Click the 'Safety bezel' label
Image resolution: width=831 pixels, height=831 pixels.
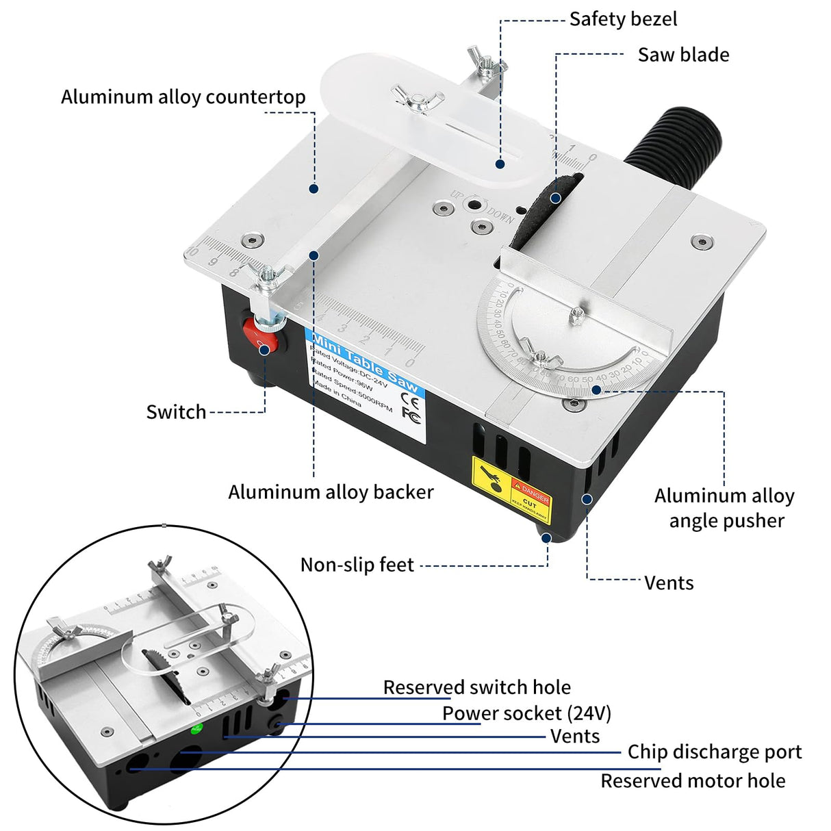pos(623,19)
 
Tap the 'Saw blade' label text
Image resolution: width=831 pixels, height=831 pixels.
pos(683,55)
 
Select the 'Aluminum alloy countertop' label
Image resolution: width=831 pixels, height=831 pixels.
pos(183,97)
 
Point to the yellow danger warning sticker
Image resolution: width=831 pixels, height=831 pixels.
pos(511,488)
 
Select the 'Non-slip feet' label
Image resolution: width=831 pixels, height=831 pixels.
pos(357,565)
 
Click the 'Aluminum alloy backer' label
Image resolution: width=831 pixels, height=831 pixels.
pos(331,492)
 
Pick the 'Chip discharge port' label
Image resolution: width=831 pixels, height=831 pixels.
pos(714,752)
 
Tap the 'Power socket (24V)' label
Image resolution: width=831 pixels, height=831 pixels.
pos(526,713)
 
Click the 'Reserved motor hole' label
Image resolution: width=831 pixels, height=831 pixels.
pos(693,781)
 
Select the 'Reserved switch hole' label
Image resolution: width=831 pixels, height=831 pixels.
pos(476,687)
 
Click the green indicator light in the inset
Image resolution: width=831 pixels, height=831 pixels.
pos(197,728)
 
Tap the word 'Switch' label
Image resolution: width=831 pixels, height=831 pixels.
pos(176,412)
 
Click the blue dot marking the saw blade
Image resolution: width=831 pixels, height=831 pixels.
pos(556,198)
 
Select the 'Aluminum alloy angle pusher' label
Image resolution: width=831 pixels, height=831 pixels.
pos(724,508)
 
